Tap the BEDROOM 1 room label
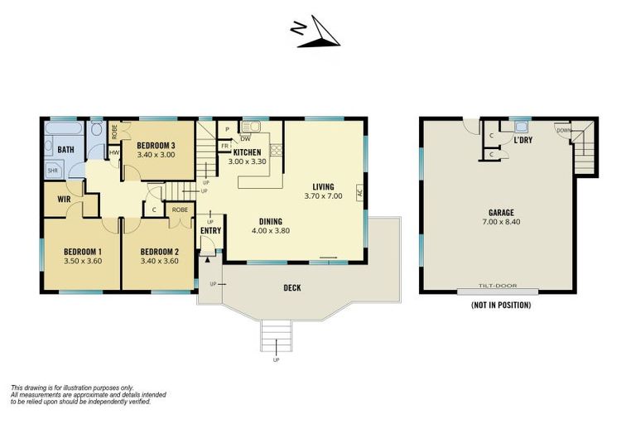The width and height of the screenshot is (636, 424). (82, 252)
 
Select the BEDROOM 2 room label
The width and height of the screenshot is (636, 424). (159, 252)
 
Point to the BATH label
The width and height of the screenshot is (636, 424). (65, 150)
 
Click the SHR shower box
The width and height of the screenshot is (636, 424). (53, 171)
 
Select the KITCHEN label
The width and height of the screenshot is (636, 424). (247, 152)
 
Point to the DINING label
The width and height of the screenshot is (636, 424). (270, 221)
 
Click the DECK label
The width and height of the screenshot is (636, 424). (291, 288)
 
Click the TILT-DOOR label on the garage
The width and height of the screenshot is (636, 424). (498, 287)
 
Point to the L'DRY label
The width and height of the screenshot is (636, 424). (523, 141)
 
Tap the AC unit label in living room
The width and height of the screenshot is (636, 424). (359, 192)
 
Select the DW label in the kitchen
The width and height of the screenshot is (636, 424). (245, 138)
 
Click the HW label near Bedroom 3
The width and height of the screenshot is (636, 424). (113, 152)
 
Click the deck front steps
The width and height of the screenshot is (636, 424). (277, 335)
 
